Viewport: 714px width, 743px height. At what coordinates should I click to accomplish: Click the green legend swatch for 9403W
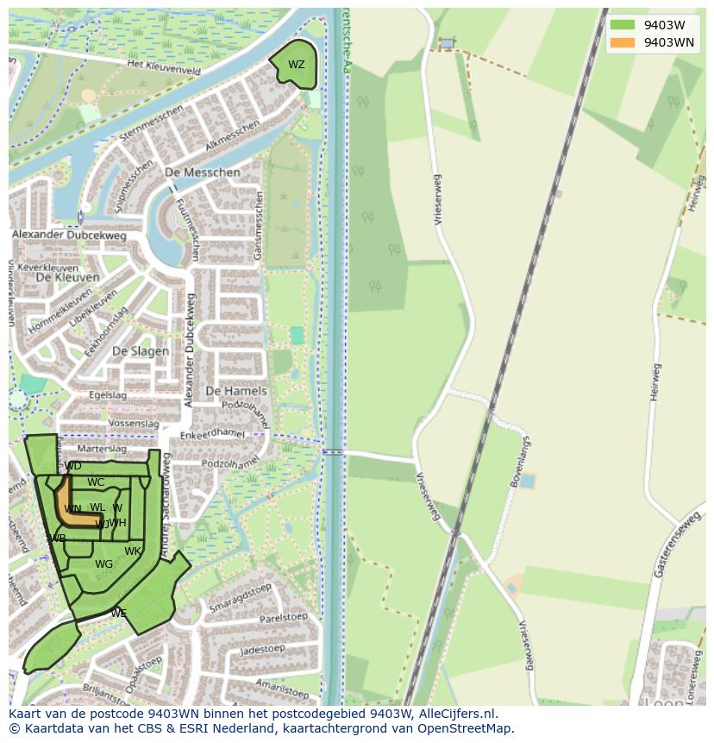point(622,25)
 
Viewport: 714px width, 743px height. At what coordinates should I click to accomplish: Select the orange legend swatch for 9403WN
point(622,42)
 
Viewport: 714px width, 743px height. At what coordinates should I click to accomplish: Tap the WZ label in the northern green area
point(296,65)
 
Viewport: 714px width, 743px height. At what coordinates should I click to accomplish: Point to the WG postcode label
point(103,564)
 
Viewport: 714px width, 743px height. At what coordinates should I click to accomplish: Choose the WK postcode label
point(132,551)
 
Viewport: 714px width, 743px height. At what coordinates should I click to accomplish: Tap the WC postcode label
point(96,483)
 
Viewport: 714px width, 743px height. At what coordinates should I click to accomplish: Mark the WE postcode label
point(118,614)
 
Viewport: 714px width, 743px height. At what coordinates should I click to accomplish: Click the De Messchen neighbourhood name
point(202,173)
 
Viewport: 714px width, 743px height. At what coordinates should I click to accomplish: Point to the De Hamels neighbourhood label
point(236,391)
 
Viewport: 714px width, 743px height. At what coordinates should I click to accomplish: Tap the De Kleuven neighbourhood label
point(67,277)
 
